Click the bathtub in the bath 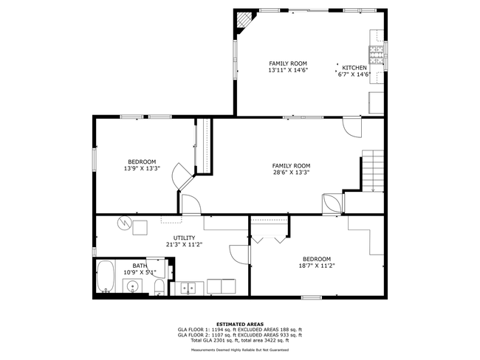coord(106,276)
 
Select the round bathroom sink coord(132,286)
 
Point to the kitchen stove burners coord(376,55)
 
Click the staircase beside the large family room coord(373,170)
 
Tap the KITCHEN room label coord(354,68)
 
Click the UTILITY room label coord(184,238)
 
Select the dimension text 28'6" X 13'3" coord(292,172)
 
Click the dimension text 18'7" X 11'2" coord(317,266)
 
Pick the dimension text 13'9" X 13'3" coord(142,168)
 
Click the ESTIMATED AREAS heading coord(240,324)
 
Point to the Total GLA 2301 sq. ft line coord(240,340)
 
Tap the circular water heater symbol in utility coord(123,224)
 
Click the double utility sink coord(188,288)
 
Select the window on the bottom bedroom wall coord(312,297)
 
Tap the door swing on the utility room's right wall coord(239,255)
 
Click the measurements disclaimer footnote coord(240,350)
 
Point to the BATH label coord(140,266)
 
